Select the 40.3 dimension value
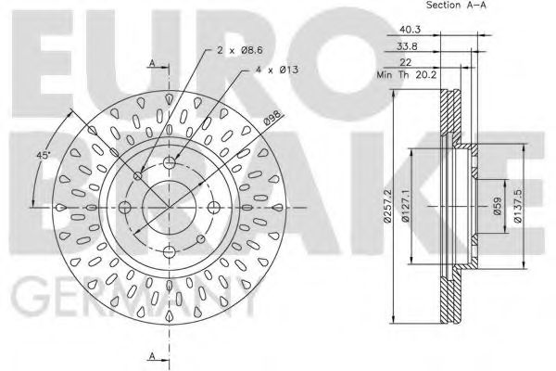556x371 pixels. (409, 28)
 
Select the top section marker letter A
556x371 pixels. (151, 63)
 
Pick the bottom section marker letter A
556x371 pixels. (151, 356)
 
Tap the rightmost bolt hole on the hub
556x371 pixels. (212, 206)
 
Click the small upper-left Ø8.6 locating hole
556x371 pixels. (139, 175)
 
